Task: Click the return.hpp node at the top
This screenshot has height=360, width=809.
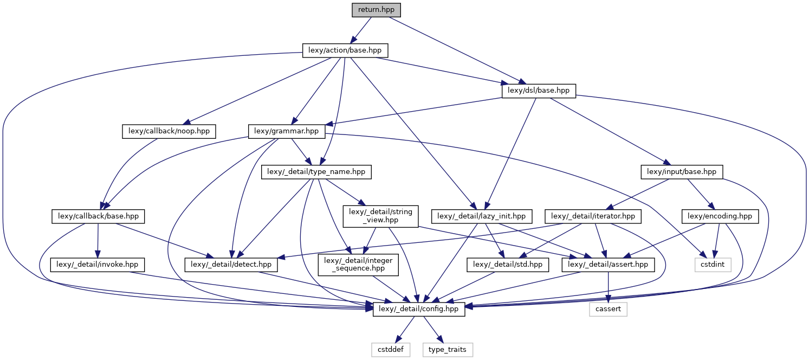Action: [377, 10]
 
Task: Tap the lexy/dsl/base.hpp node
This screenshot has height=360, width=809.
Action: [539, 91]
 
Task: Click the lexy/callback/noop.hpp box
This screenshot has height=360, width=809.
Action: [169, 131]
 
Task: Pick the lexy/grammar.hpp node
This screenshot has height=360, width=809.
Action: [287, 131]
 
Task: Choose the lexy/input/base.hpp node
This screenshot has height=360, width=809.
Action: [682, 172]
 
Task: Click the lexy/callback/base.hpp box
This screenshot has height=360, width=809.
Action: [98, 216]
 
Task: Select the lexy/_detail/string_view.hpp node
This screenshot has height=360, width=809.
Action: [381, 216]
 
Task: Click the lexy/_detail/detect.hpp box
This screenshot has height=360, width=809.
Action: [231, 265]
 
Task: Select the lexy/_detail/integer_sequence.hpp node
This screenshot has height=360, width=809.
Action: [353, 265]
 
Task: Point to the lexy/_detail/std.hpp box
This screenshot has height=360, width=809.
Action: [508, 265]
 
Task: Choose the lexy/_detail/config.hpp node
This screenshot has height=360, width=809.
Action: [419, 309]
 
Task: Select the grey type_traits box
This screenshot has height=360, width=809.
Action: [448, 349]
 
